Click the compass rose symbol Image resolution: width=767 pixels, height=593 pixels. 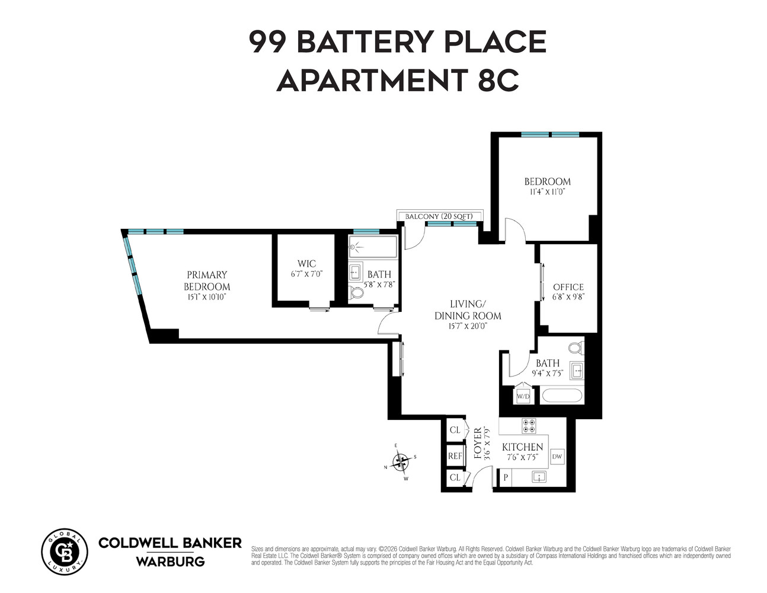tap(401, 461)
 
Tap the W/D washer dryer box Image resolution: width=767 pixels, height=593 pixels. tap(523, 396)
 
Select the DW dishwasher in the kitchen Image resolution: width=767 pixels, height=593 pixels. tap(557, 457)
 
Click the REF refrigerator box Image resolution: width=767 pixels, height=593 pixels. tap(455, 456)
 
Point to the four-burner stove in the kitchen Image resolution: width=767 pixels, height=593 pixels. tap(528, 426)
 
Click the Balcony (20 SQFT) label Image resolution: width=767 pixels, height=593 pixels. tap(439, 216)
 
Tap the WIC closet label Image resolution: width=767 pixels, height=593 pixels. tap(306, 264)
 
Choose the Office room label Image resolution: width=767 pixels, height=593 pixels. tap(568, 287)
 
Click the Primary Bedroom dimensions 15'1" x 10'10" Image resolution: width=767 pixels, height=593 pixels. tap(207, 296)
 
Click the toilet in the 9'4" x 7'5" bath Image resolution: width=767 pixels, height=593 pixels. tap(576, 347)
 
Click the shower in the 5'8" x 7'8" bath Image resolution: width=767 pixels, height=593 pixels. tap(373, 247)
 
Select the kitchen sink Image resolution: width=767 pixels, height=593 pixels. tap(539, 477)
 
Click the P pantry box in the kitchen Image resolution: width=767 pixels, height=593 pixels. tap(506, 477)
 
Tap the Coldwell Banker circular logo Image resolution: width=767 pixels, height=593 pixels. tap(64, 551)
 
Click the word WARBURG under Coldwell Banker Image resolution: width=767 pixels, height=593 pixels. tap(170, 561)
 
